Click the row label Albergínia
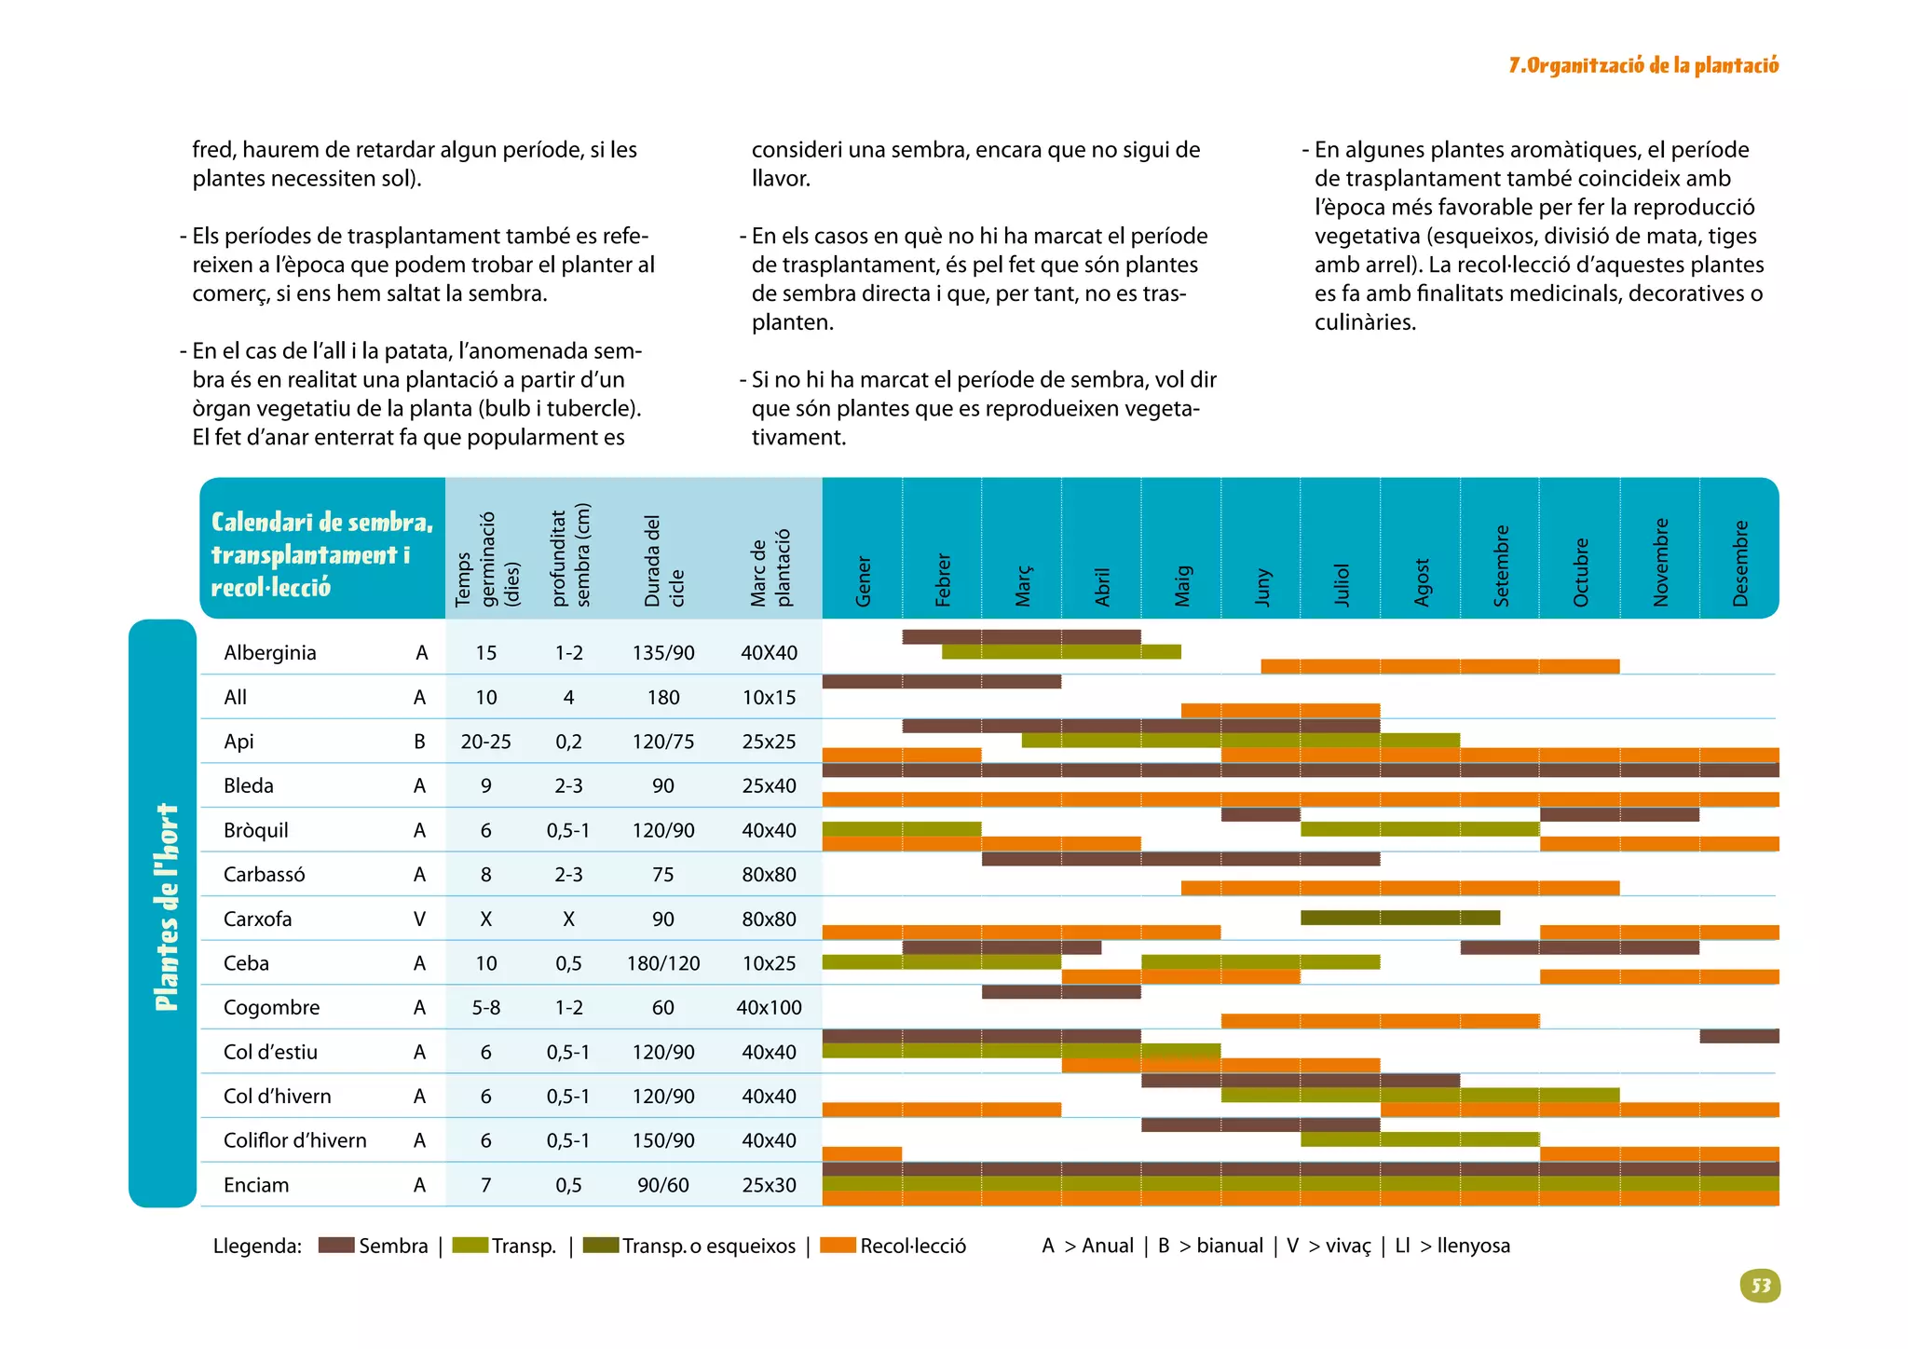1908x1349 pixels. click(269, 652)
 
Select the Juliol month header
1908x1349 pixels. click(1341, 584)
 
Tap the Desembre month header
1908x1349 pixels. click(1739, 564)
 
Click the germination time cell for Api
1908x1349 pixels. click(485, 742)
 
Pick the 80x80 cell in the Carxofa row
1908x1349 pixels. click(769, 919)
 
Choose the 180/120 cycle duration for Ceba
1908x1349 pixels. click(662, 963)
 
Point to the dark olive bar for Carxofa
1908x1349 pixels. click(1399, 918)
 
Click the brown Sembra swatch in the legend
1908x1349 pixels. click(335, 1246)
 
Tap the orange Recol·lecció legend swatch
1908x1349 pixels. click(838, 1246)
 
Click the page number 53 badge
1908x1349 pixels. click(1760, 1286)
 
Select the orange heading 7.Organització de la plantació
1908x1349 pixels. click(1643, 65)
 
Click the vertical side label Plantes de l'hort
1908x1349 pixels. click(165, 908)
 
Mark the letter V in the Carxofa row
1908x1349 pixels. click(419, 919)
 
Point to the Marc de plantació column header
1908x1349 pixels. click(770, 567)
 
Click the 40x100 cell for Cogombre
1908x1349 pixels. click(769, 1007)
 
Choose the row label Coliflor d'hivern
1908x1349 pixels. click(294, 1140)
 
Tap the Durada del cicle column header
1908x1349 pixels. click(663, 561)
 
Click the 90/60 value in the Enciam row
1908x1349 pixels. click(662, 1185)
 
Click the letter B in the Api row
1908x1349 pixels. click(419, 742)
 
